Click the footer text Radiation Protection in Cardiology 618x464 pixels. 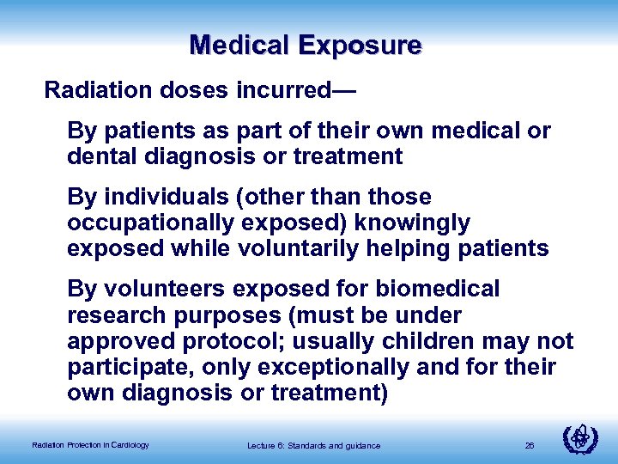[x=90, y=444]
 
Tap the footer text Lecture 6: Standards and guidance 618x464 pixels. [x=313, y=444]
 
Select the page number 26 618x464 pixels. [x=530, y=444]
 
